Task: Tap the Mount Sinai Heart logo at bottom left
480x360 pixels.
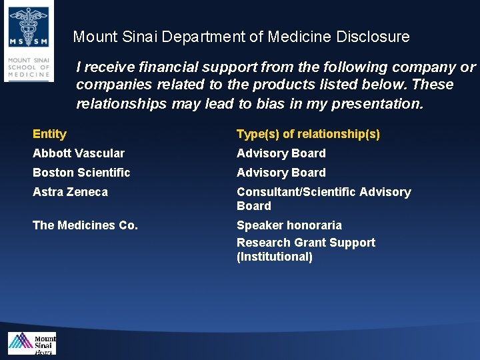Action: click(32, 344)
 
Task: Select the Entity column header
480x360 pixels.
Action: click(49, 134)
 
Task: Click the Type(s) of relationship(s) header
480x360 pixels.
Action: click(308, 134)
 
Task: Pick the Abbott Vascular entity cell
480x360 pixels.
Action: click(79, 153)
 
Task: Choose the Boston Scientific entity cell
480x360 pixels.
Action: click(81, 173)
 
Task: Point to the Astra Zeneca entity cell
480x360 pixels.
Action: click(70, 192)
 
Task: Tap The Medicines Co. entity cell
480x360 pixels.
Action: click(85, 225)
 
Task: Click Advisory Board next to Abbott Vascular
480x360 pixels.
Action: click(281, 153)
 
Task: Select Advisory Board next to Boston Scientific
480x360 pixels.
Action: click(281, 173)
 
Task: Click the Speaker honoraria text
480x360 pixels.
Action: click(289, 225)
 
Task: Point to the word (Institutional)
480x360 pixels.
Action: click(275, 257)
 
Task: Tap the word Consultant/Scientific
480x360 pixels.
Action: click(296, 192)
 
